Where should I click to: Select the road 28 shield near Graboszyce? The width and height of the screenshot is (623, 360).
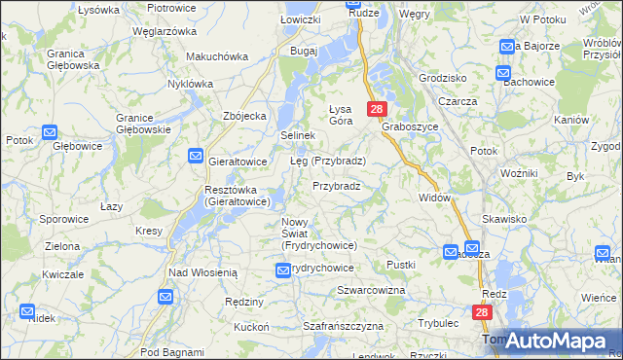[x=378, y=110]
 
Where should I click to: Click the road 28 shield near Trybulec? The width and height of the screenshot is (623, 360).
[x=484, y=312]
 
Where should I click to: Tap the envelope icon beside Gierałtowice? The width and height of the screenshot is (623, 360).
[x=196, y=156]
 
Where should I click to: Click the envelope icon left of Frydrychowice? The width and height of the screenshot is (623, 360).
[x=283, y=269]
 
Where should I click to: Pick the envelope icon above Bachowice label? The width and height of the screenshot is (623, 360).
[x=502, y=72]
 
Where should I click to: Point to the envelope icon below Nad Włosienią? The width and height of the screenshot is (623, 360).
[x=165, y=297]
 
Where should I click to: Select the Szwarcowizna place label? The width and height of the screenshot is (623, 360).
[x=370, y=291]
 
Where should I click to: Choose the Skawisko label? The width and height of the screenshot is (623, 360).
[x=502, y=219]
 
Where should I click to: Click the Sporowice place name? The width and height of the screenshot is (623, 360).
[x=64, y=219]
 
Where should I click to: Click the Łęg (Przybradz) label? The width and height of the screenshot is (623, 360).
[x=327, y=161]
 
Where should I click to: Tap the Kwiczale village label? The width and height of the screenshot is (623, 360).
[x=63, y=275]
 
